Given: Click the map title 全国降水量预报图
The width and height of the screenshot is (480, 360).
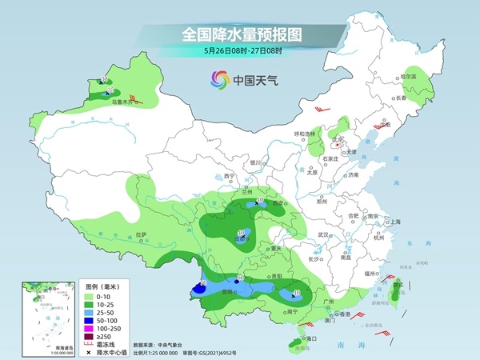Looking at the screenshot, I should click(x=239, y=34).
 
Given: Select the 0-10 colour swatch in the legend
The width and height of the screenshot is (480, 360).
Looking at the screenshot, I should click(x=90, y=295).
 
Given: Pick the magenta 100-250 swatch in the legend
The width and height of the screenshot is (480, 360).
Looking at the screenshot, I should click(x=90, y=327).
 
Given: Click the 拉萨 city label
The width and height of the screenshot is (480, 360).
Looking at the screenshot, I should click(x=141, y=234).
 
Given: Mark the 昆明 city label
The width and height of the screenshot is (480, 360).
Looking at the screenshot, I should click(x=229, y=292).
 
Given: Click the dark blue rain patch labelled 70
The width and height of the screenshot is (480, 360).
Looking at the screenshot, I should click(x=202, y=286).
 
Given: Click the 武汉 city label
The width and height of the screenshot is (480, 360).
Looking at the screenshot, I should click(x=323, y=234).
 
